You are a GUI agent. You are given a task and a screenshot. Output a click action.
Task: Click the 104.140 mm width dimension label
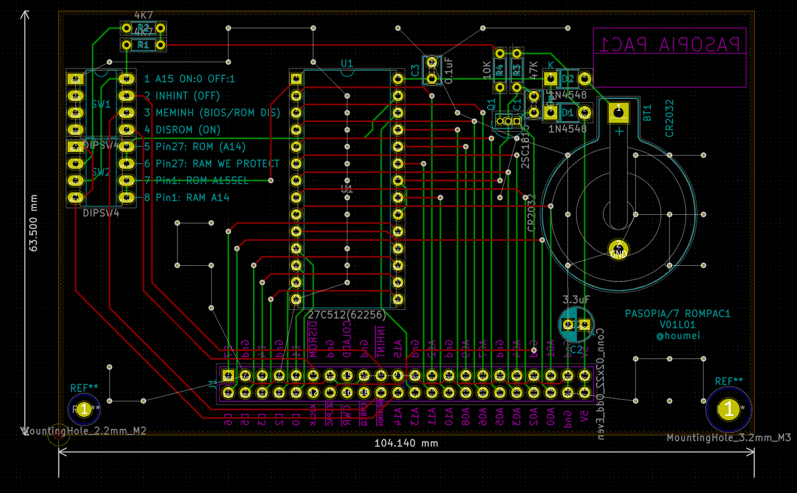[x=406, y=443]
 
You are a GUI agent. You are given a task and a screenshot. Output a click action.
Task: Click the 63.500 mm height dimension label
[x=34, y=222]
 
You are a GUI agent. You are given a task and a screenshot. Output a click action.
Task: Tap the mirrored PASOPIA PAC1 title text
[x=669, y=44]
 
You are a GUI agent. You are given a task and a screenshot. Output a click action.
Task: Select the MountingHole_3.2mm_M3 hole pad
[x=729, y=409]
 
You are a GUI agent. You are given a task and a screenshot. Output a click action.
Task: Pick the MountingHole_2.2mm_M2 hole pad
[x=83, y=409]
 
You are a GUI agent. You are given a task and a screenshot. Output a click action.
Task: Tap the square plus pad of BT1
[x=618, y=112]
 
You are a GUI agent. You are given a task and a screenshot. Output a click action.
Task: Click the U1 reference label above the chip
[x=347, y=63]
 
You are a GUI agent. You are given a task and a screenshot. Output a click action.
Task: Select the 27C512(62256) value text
[x=346, y=314]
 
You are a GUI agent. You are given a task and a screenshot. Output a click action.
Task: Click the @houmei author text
[x=677, y=336]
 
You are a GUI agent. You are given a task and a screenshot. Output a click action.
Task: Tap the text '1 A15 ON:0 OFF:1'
[x=189, y=79]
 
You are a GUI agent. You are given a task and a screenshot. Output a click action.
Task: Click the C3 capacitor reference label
[x=415, y=72]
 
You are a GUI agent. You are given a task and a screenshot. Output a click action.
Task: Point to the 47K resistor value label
[x=533, y=68]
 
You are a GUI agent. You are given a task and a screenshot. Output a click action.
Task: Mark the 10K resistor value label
[x=487, y=68]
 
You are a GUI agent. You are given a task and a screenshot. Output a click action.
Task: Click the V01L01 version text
[x=677, y=325]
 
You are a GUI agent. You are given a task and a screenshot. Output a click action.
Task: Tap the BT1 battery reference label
[x=648, y=113]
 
